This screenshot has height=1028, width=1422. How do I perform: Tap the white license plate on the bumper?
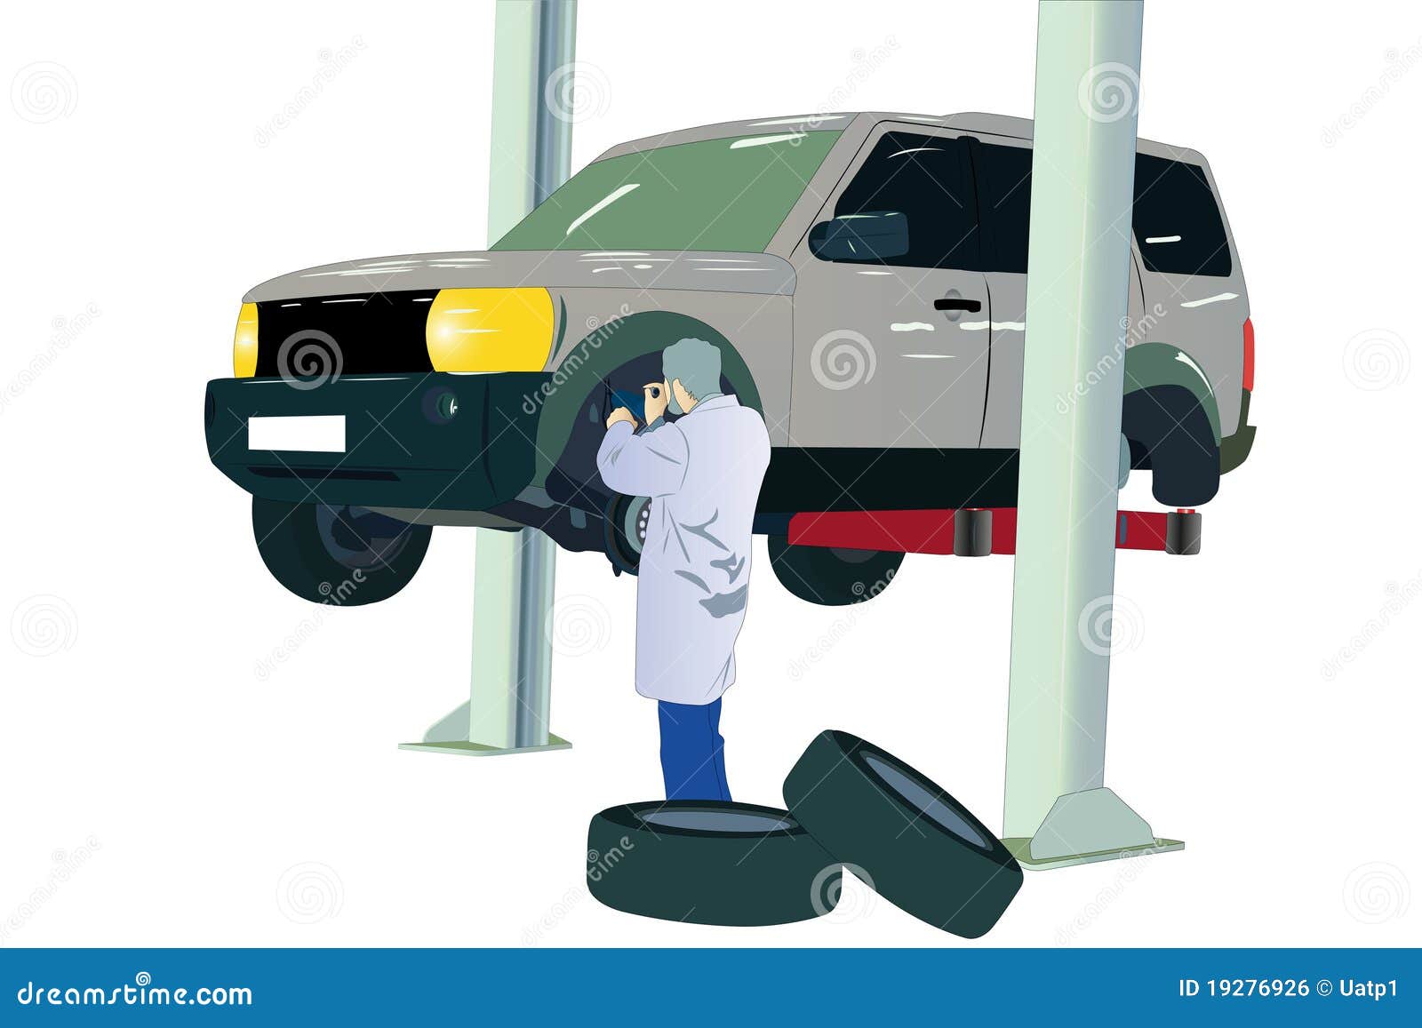tap(296, 433)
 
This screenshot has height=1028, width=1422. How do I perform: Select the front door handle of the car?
tap(956, 305)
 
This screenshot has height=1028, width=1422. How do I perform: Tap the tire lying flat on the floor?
tap(702, 853)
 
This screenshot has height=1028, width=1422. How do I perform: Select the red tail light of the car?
tap(1249, 355)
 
